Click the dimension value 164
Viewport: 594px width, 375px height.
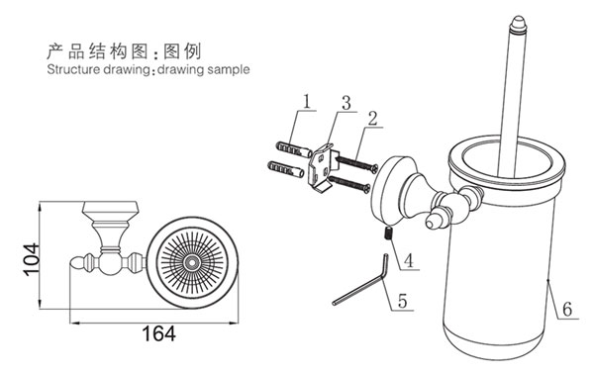(x=158, y=333)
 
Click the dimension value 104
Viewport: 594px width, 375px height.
(x=31, y=260)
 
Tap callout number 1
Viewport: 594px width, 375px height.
(x=307, y=102)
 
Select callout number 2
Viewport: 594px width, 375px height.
(x=373, y=118)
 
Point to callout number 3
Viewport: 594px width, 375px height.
(x=346, y=103)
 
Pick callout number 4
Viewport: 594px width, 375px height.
(x=409, y=261)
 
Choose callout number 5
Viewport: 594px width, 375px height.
(x=402, y=301)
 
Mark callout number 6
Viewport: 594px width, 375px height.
(x=567, y=310)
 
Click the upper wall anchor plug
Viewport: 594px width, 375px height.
(x=295, y=149)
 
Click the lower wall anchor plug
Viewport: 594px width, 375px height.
(x=286, y=169)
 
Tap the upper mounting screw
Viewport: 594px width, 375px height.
(x=356, y=163)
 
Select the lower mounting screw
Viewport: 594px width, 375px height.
(x=348, y=184)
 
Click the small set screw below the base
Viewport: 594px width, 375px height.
(x=388, y=233)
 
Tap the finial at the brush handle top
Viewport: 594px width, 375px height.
(x=518, y=25)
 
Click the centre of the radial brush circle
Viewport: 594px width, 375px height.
(x=192, y=262)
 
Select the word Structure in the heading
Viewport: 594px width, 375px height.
(x=69, y=69)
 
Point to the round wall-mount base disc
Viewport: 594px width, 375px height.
(x=388, y=188)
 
